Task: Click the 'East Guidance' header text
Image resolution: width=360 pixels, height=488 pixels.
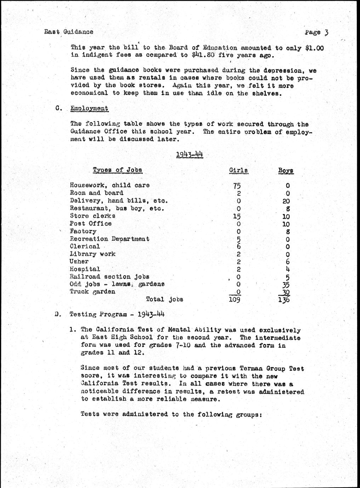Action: coord(69,32)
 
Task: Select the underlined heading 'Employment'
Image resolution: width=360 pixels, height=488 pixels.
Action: coord(89,109)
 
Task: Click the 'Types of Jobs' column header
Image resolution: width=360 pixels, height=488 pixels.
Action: coord(118,170)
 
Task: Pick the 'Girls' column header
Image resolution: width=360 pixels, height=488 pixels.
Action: coord(239,170)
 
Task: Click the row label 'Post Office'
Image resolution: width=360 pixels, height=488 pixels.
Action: coord(91,223)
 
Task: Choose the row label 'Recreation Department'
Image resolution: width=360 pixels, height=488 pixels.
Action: coord(109,239)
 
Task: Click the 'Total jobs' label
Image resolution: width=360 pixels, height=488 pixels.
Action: coord(165,300)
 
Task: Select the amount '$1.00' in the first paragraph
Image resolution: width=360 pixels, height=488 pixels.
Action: coord(314,48)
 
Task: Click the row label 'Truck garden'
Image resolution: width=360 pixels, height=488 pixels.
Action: coord(92,292)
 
